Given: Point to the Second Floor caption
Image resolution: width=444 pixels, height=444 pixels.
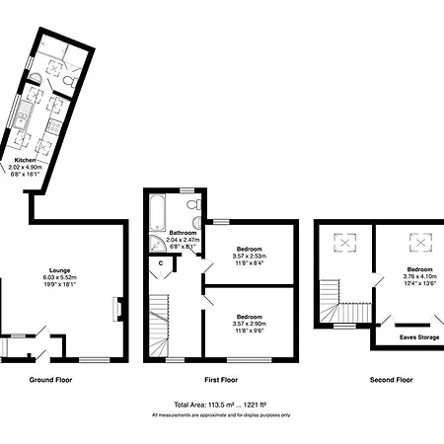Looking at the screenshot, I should (x=392, y=379).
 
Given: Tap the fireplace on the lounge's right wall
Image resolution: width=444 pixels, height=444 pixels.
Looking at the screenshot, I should (x=116, y=309).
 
